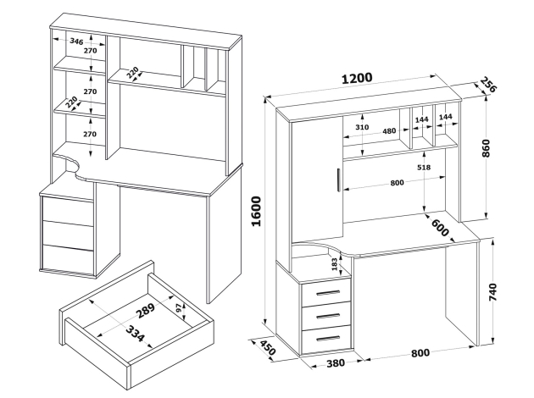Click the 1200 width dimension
click(x=357, y=78)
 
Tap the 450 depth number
click(x=267, y=350)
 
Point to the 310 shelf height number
click(x=361, y=127)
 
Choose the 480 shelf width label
click(x=389, y=130)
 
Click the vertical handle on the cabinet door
click(x=337, y=181)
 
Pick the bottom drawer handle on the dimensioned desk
click(x=325, y=337)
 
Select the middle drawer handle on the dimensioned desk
click(x=325, y=314)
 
